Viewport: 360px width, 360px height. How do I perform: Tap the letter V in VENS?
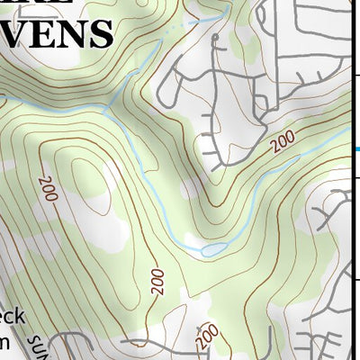coord(16,33)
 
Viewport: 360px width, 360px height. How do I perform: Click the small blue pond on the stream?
coord(213,248)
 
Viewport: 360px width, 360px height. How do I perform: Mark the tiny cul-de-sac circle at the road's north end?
coord(216,40)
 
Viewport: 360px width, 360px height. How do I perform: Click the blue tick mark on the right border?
coord(356,149)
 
